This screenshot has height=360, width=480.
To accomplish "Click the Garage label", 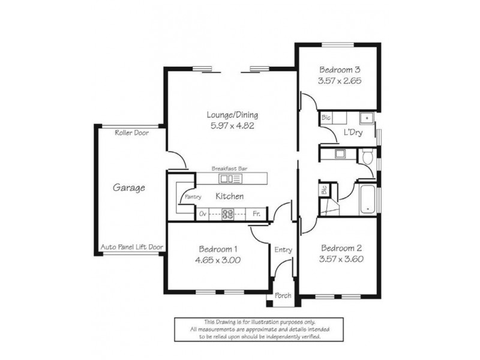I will (x=129, y=188).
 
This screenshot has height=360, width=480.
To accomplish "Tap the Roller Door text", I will (x=131, y=133).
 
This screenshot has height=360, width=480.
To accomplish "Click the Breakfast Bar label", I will (x=229, y=169).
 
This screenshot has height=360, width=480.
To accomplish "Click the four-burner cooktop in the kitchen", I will (x=229, y=213).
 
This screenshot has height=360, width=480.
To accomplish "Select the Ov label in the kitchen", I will (x=203, y=213).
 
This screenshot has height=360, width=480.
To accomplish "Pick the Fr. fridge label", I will (x=256, y=213).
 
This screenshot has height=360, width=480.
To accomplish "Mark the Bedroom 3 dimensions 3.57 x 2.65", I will (x=340, y=80).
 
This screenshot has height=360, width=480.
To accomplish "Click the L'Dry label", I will (x=352, y=131).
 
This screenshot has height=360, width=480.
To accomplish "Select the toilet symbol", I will (x=367, y=157).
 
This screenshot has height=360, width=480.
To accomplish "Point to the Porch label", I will (x=283, y=296).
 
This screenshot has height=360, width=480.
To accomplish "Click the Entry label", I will (x=283, y=250).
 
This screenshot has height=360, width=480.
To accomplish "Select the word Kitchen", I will (x=229, y=196).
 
